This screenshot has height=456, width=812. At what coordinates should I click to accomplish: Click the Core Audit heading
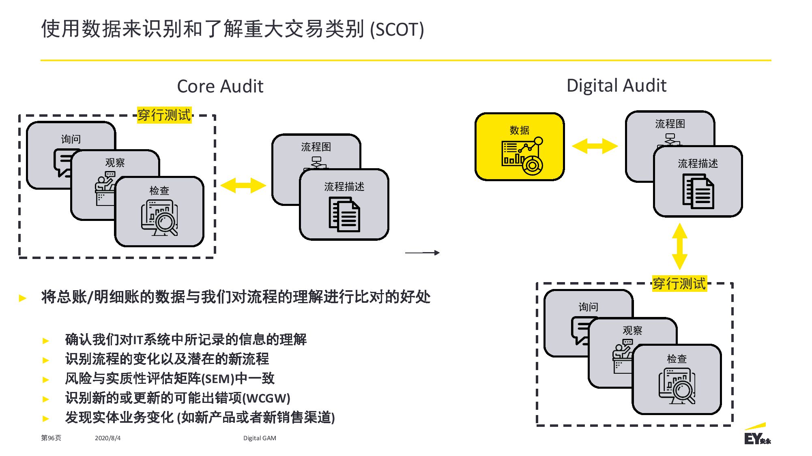coord(220,86)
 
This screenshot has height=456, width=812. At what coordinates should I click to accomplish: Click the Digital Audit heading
coord(616,86)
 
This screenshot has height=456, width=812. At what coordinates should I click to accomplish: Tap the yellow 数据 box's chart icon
coord(522,156)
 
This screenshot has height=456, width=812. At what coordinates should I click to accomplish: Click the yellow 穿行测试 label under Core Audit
coord(164,115)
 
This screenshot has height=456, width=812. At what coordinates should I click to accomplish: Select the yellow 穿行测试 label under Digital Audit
coord(679,283)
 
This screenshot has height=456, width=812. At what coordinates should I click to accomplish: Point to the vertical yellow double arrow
coord(680,246)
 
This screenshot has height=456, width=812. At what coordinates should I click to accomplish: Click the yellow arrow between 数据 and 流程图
coord(595,146)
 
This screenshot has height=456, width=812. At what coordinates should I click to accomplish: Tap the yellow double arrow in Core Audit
coord(243,185)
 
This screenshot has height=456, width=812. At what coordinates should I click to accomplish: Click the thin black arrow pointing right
coord(422,253)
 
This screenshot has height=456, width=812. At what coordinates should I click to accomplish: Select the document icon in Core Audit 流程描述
coord(344,214)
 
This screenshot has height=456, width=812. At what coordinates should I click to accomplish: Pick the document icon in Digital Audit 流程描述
coord(698,191)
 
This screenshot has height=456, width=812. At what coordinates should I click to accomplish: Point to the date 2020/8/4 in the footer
coord(107,438)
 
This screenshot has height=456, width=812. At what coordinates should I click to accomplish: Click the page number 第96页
coord(51,438)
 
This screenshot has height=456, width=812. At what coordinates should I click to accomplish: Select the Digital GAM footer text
coord(260,438)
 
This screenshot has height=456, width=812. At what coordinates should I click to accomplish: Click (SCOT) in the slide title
coord(397,30)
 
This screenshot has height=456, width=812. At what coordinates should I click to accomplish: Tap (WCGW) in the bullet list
coord(266,398)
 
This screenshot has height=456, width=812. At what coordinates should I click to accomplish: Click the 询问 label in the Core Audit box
coord(71,139)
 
